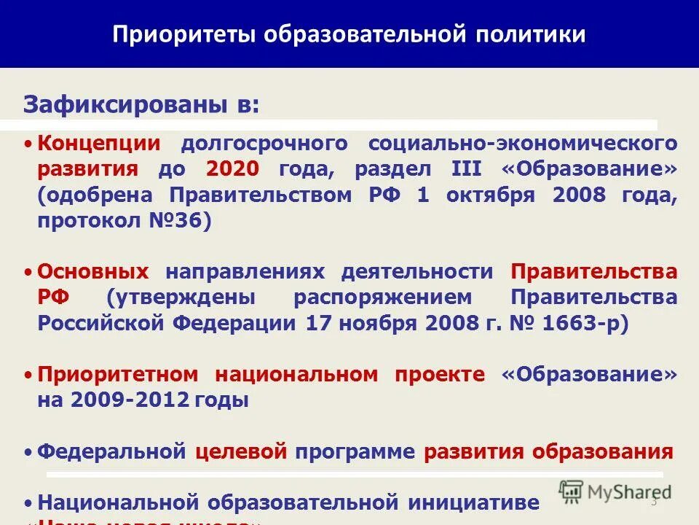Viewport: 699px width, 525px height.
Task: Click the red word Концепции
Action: [99, 143]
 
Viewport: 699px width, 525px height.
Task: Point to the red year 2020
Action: [232, 169]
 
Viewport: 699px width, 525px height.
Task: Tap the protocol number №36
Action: [186, 222]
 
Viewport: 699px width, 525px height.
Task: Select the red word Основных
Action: [93, 272]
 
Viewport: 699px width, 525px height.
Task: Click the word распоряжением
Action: [384, 298]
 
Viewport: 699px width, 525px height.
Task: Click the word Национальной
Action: [118, 502]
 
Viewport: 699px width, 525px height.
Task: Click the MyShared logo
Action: [615, 491]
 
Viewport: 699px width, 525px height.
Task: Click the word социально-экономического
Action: [524, 143]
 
